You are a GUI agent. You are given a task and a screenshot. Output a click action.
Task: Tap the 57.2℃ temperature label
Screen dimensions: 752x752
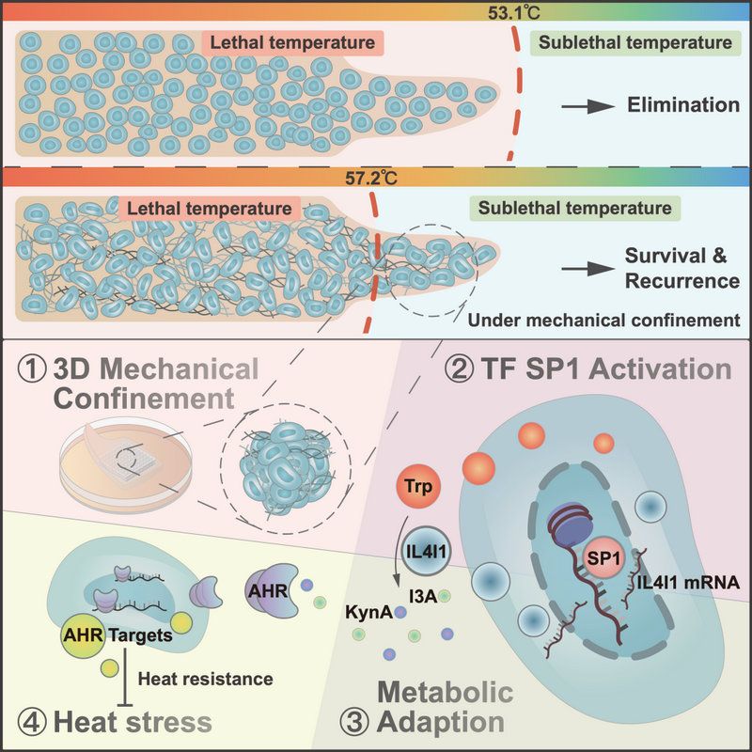coord(376,176)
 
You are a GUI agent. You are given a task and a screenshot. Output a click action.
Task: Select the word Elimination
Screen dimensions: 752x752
coord(683,105)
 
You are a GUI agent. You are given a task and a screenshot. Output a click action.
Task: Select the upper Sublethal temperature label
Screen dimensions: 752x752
coord(632,42)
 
